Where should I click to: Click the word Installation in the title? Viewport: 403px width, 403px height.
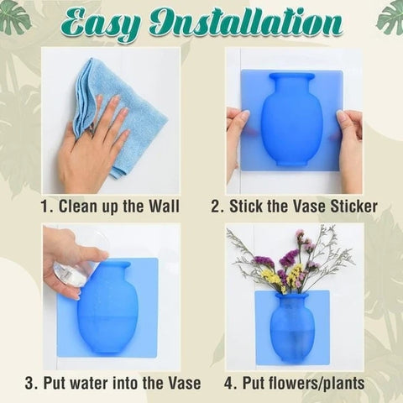(246, 23)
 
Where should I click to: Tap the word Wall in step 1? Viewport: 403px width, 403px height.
(164, 207)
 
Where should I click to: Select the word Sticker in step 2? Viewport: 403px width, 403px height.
(353, 207)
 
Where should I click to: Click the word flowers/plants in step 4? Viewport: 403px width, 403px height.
(304, 383)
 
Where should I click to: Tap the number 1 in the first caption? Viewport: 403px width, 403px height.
(44, 207)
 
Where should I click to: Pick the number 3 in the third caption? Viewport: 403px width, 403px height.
(29, 383)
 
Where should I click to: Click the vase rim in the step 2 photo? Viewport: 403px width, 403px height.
(291, 76)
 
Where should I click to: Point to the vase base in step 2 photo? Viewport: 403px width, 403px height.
(291, 162)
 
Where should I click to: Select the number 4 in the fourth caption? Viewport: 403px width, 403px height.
(229, 383)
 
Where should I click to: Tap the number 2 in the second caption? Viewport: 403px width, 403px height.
(216, 207)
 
